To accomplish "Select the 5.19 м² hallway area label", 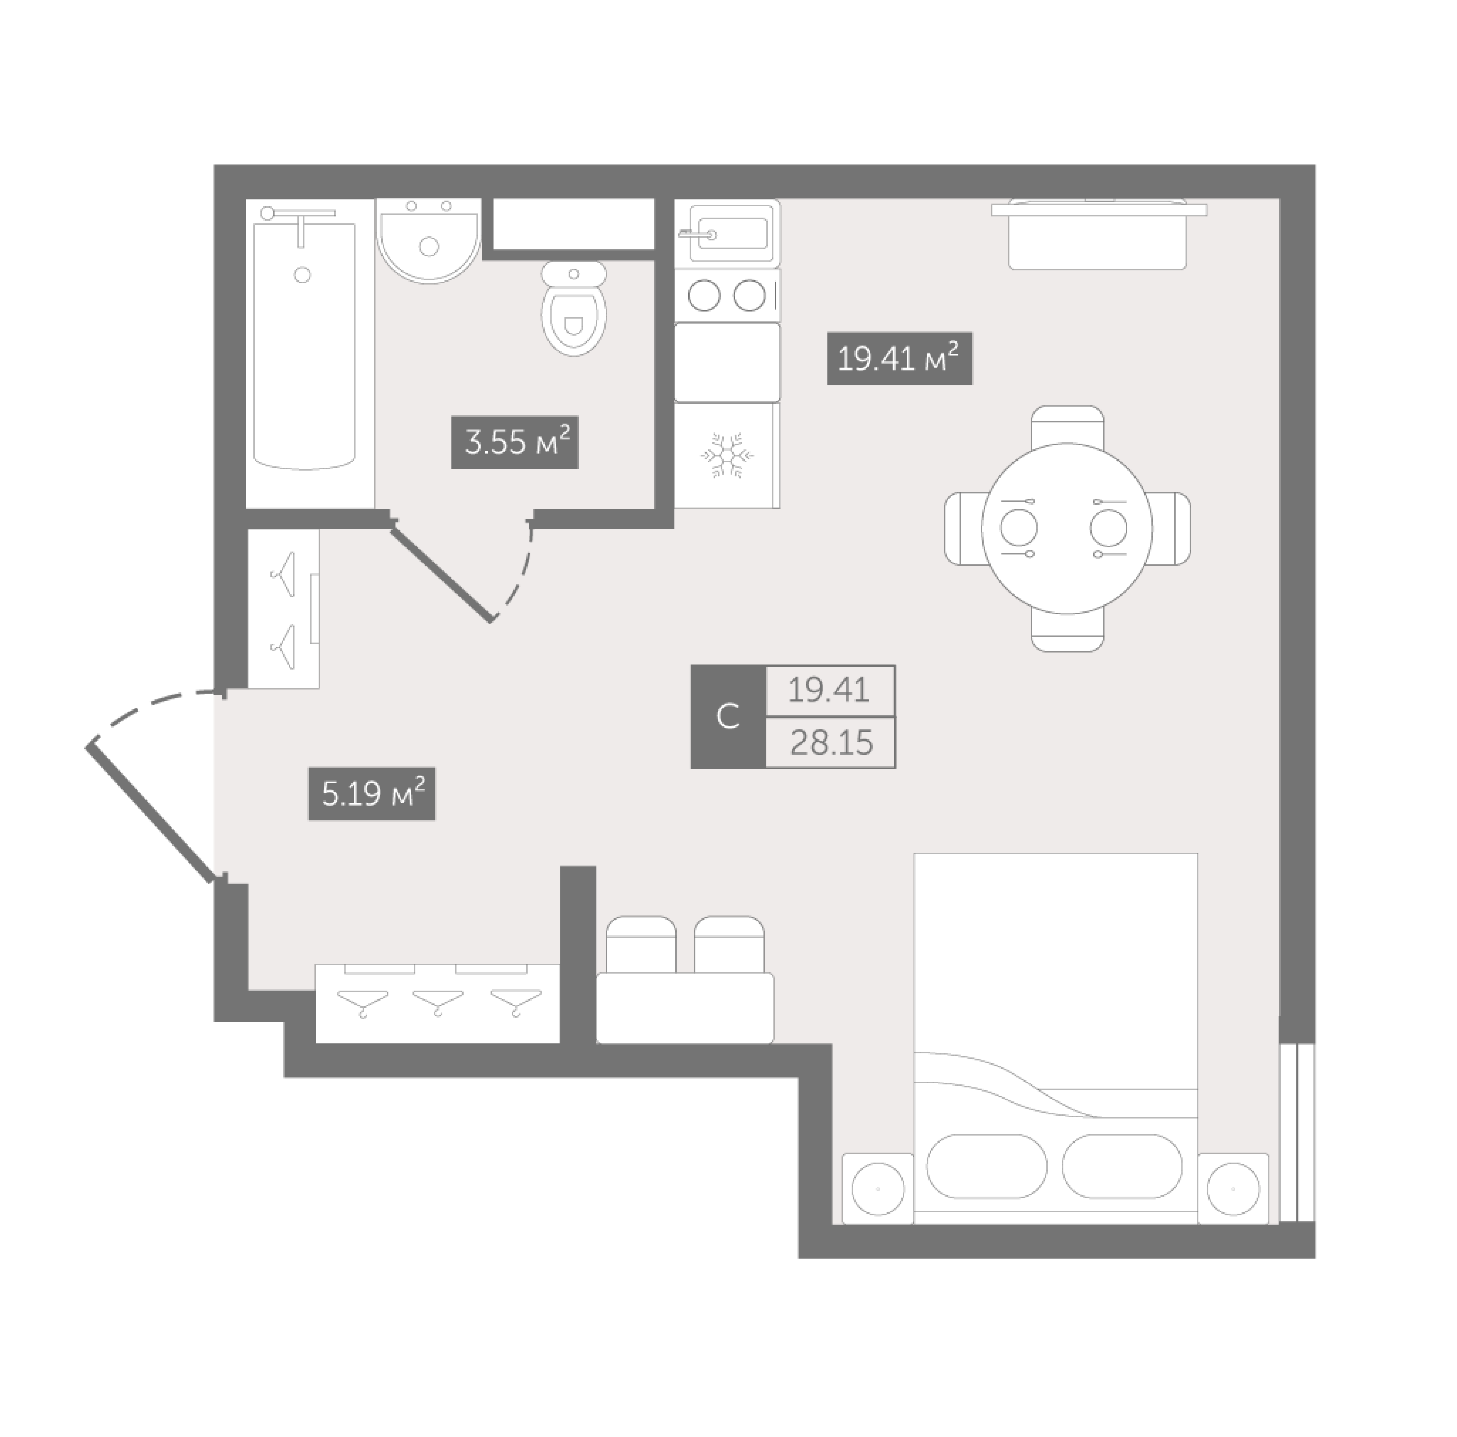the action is (x=372, y=794).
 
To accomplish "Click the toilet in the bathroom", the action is (x=574, y=308).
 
